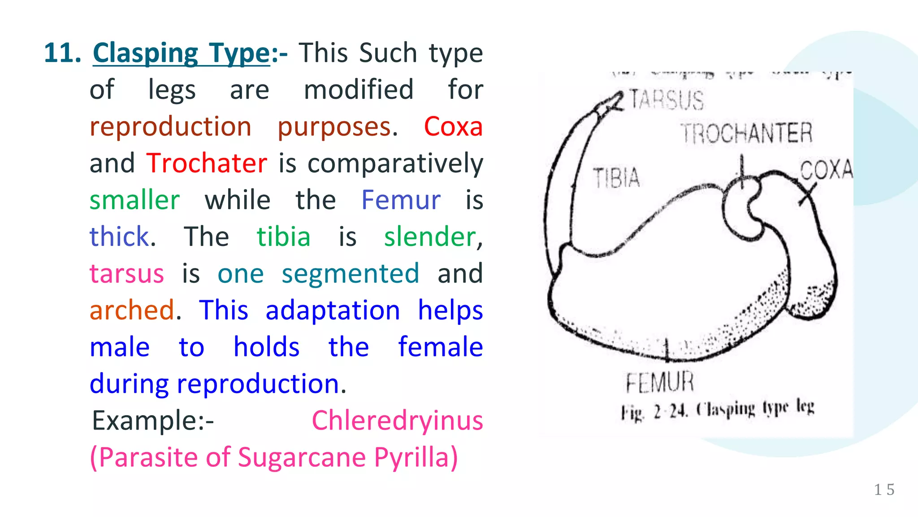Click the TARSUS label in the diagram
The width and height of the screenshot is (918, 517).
pos(667,100)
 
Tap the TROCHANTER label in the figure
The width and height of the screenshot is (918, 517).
pos(747,133)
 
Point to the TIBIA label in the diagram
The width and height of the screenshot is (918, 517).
pos(616,178)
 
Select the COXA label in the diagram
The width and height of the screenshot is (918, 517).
pos(826,170)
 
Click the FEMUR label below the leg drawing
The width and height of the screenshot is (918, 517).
pos(660,383)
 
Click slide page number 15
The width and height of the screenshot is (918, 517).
pos(884,490)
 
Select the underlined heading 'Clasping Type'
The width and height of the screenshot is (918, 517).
pos(181,53)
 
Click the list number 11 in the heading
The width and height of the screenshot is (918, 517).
pos(62,53)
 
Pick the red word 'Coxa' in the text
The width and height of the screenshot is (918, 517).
pos(453,127)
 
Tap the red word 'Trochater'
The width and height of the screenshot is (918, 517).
pos(207,163)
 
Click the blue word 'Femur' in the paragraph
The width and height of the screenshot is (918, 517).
pos(401,200)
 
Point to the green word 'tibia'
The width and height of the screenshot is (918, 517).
pos(283,237)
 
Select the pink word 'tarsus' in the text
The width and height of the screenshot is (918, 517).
pos(127,274)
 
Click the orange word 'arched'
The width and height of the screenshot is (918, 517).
pos(132,311)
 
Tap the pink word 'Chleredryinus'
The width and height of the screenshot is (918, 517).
pos(397,421)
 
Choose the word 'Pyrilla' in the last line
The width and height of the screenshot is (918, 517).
pos(416,458)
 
